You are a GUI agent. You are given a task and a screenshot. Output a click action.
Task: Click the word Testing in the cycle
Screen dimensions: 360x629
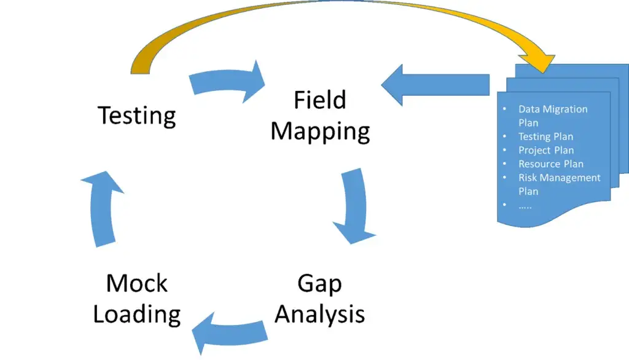pos(137,115)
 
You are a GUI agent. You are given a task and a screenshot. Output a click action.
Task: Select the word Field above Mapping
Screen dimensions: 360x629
pos(319,100)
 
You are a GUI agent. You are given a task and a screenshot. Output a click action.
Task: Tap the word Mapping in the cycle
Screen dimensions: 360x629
pos(320,131)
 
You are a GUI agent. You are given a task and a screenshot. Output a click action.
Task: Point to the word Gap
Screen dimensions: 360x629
pos(319,284)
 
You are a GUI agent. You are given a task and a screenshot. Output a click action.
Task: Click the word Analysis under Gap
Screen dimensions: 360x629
pos(319,314)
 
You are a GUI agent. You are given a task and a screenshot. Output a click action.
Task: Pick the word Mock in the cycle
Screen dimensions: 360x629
pos(136,284)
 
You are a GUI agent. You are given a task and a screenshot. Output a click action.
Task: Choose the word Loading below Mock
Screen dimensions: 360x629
pos(136,315)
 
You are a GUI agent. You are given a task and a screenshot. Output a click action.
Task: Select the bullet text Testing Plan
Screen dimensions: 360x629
pos(545,136)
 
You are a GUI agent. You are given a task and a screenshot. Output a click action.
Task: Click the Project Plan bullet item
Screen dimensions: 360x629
pos(546,150)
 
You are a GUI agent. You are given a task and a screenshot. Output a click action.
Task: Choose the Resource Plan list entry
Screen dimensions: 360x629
pos(550,164)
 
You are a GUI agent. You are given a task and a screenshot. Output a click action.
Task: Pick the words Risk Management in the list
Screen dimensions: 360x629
pos(559,178)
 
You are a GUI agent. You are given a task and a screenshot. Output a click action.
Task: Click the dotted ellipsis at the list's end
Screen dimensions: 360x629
pos(525,205)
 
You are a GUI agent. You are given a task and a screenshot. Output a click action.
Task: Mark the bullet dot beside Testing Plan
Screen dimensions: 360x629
pos(504,136)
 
